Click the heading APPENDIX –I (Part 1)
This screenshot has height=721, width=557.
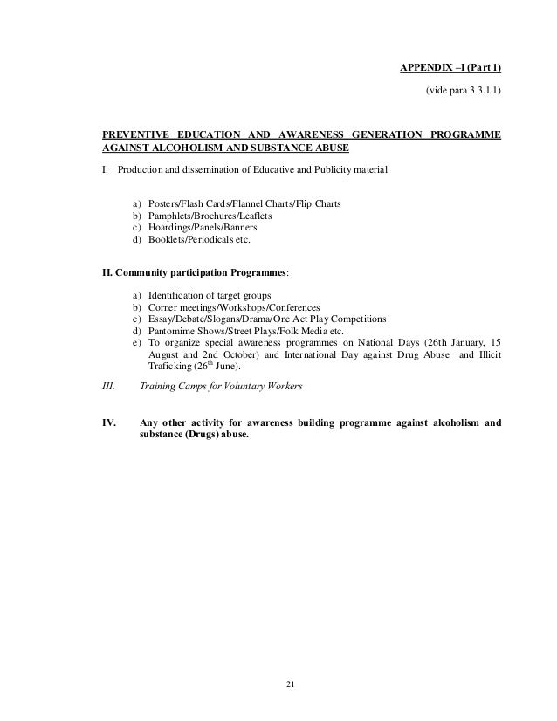click(450, 68)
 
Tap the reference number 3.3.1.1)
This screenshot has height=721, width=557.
click(480, 91)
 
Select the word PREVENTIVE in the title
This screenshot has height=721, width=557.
click(134, 134)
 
